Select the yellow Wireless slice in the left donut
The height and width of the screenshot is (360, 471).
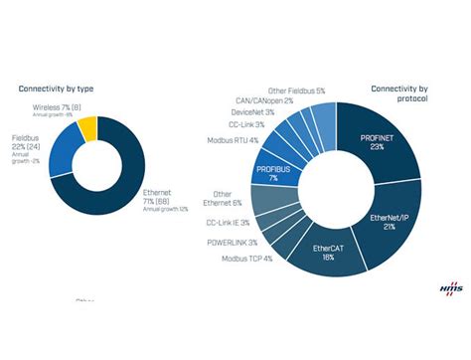86,128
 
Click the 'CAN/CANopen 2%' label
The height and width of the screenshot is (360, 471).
261,101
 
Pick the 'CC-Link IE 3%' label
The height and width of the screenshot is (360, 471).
227,223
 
